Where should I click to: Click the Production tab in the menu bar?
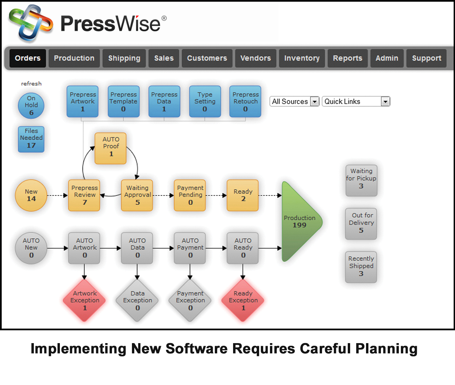[x=74, y=58]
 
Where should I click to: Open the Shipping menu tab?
[x=124, y=58]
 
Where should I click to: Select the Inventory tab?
[x=302, y=58]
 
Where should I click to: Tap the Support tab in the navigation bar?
[x=426, y=58]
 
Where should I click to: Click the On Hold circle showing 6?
[x=31, y=105]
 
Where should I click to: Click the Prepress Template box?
[x=123, y=102]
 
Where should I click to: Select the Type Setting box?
[x=205, y=102]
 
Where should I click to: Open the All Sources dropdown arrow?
[x=315, y=101]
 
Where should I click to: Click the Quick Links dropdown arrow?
[x=385, y=101]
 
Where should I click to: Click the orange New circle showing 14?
[x=31, y=195]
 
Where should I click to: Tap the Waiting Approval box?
[x=137, y=195]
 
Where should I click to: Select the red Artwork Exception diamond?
[x=85, y=300]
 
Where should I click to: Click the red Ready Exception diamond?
[x=243, y=300]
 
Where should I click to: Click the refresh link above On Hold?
[x=31, y=83]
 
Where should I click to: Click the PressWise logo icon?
[x=30, y=23]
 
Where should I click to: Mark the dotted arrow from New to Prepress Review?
[x=57, y=195]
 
